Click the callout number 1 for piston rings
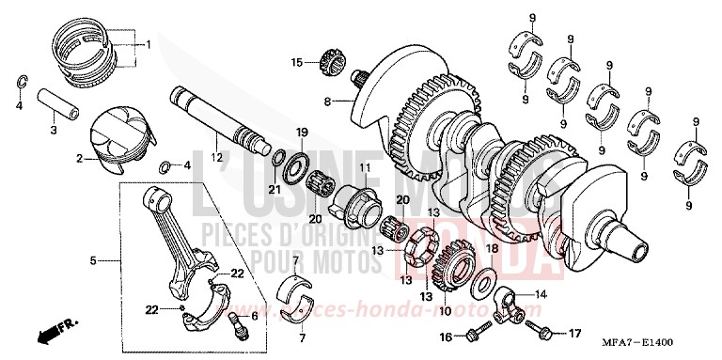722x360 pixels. coord(147,44)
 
